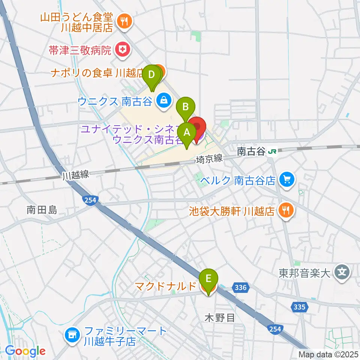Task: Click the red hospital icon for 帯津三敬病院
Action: click(121, 49)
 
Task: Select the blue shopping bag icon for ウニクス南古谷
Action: click(164, 100)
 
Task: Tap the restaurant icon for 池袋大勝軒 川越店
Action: click(286, 210)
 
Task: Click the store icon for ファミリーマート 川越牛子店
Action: click(72, 334)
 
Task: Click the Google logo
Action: click(25, 351)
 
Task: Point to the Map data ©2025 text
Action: click(328, 354)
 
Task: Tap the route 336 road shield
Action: click(240, 288)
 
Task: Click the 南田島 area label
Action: click(42, 210)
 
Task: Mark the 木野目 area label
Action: click(220, 318)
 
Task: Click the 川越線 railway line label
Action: click(75, 175)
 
